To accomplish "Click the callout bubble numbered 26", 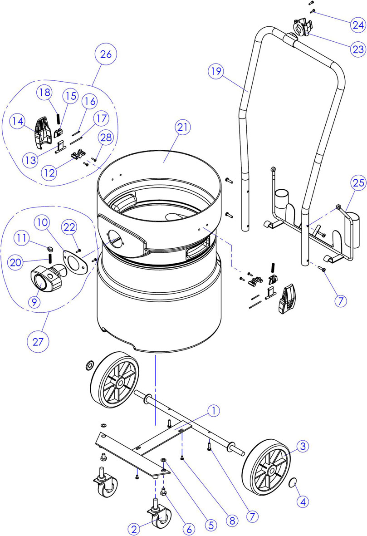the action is [106, 54].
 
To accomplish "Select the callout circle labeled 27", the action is [38, 341].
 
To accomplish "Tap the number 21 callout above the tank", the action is [182, 127].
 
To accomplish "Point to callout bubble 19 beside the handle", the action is [216, 71].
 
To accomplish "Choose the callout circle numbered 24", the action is [358, 25].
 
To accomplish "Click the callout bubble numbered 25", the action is [358, 183].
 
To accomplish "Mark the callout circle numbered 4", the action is [303, 502].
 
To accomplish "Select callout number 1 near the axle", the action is [214, 411].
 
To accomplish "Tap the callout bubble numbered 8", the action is [232, 520].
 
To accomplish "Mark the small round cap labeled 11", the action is [50, 247].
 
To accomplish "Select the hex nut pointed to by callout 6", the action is [163, 492].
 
